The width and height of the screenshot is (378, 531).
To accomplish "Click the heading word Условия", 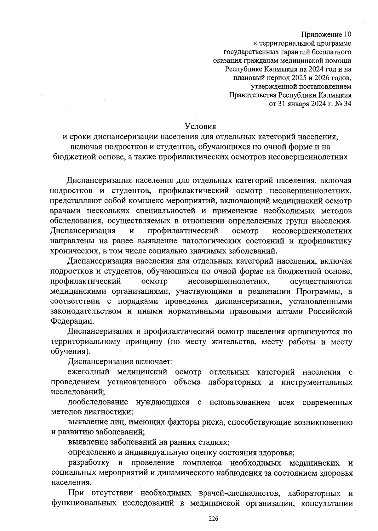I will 201,127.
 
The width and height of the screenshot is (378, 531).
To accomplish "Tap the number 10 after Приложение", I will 347,34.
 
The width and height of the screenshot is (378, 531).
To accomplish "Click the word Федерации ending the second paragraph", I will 72,322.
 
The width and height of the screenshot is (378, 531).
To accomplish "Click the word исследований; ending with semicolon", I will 78,392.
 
